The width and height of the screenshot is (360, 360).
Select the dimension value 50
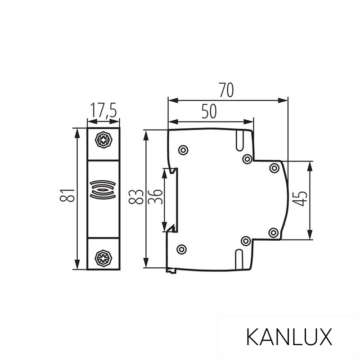click(x=209, y=111)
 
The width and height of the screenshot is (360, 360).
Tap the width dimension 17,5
click(x=103, y=110)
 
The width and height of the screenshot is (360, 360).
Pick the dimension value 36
click(x=155, y=196)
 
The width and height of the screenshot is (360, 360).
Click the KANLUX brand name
click(x=289, y=337)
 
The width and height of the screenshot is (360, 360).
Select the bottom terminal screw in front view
click(x=103, y=257)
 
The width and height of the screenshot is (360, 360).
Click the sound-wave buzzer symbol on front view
click(x=103, y=189)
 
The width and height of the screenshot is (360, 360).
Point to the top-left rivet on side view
click(x=182, y=150)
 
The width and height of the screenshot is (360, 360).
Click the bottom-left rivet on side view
click(x=181, y=249)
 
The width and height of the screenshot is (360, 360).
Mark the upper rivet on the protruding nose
click(x=274, y=168)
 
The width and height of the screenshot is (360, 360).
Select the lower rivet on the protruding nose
click(x=273, y=232)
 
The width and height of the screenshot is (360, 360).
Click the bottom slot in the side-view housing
click(x=239, y=258)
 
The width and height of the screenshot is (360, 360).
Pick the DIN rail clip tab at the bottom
click(x=171, y=270)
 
